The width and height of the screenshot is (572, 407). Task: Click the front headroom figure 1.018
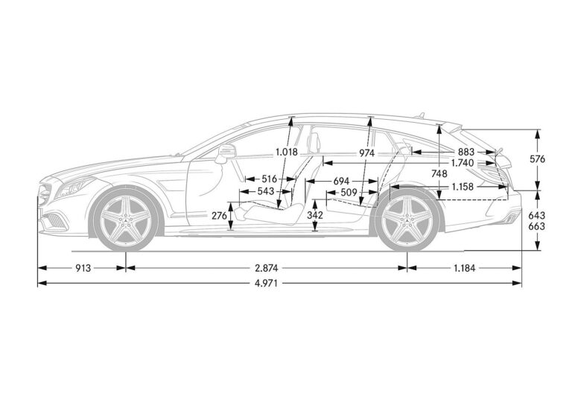coord(286,153)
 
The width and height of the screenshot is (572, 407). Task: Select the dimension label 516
coord(268,179)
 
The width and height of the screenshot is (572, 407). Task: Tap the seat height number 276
coord(219,215)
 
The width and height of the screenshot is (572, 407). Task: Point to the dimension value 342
coord(315,215)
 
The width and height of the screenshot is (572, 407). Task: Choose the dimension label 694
coord(341,181)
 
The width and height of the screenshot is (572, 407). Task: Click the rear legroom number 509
coord(349,191)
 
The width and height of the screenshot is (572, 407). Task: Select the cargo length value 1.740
coord(464,163)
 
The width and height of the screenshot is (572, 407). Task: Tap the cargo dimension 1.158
coord(463,187)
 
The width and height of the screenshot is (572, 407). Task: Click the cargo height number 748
coord(439,173)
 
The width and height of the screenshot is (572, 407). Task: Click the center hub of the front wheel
coord(126,219)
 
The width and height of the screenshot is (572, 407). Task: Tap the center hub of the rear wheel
coord(407,219)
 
